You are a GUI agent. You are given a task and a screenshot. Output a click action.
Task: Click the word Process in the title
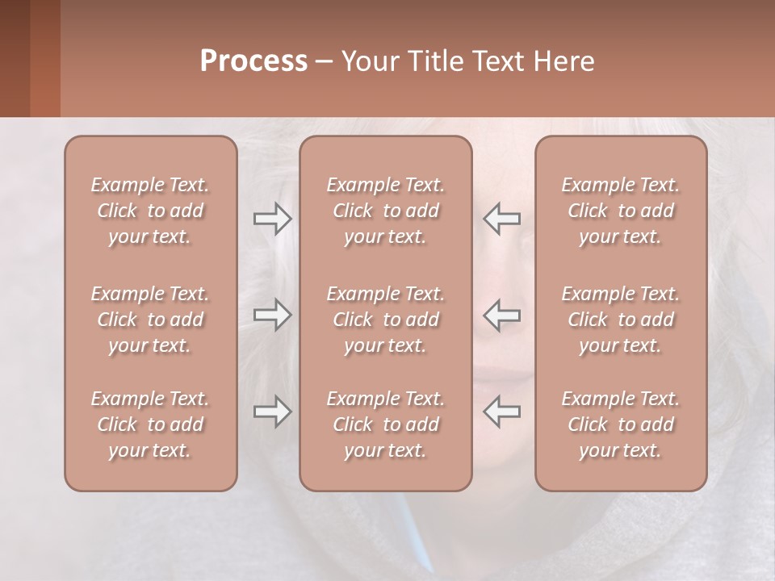coord(253,61)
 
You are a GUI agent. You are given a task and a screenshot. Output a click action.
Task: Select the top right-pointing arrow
coord(273,218)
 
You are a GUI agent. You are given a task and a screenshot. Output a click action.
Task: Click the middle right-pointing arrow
coord(273,315)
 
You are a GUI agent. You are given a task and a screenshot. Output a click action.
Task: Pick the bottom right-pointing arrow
coord(273,412)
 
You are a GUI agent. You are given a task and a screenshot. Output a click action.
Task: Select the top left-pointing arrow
coord(502,218)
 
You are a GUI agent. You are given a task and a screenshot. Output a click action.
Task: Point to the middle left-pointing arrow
coord(502,315)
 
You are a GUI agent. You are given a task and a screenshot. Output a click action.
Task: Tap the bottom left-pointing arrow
coord(502,412)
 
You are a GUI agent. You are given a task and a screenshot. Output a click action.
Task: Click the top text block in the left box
coord(150,211)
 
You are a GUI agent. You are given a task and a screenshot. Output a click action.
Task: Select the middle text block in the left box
coord(150,320)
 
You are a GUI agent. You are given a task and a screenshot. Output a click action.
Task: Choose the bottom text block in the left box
coord(150,424)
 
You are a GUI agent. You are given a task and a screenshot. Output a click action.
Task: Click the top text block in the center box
coord(386,211)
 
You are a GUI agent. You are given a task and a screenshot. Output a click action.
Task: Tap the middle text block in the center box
coord(386,320)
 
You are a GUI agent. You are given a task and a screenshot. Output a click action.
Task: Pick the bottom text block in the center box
coord(386,424)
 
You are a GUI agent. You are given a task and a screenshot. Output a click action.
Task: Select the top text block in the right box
coord(621,211)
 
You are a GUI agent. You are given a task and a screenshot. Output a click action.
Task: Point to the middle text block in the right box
coord(621,320)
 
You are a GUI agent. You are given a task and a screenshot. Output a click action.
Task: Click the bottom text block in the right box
coord(621,424)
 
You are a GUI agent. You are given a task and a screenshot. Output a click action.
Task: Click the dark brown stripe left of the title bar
coord(15,58)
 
